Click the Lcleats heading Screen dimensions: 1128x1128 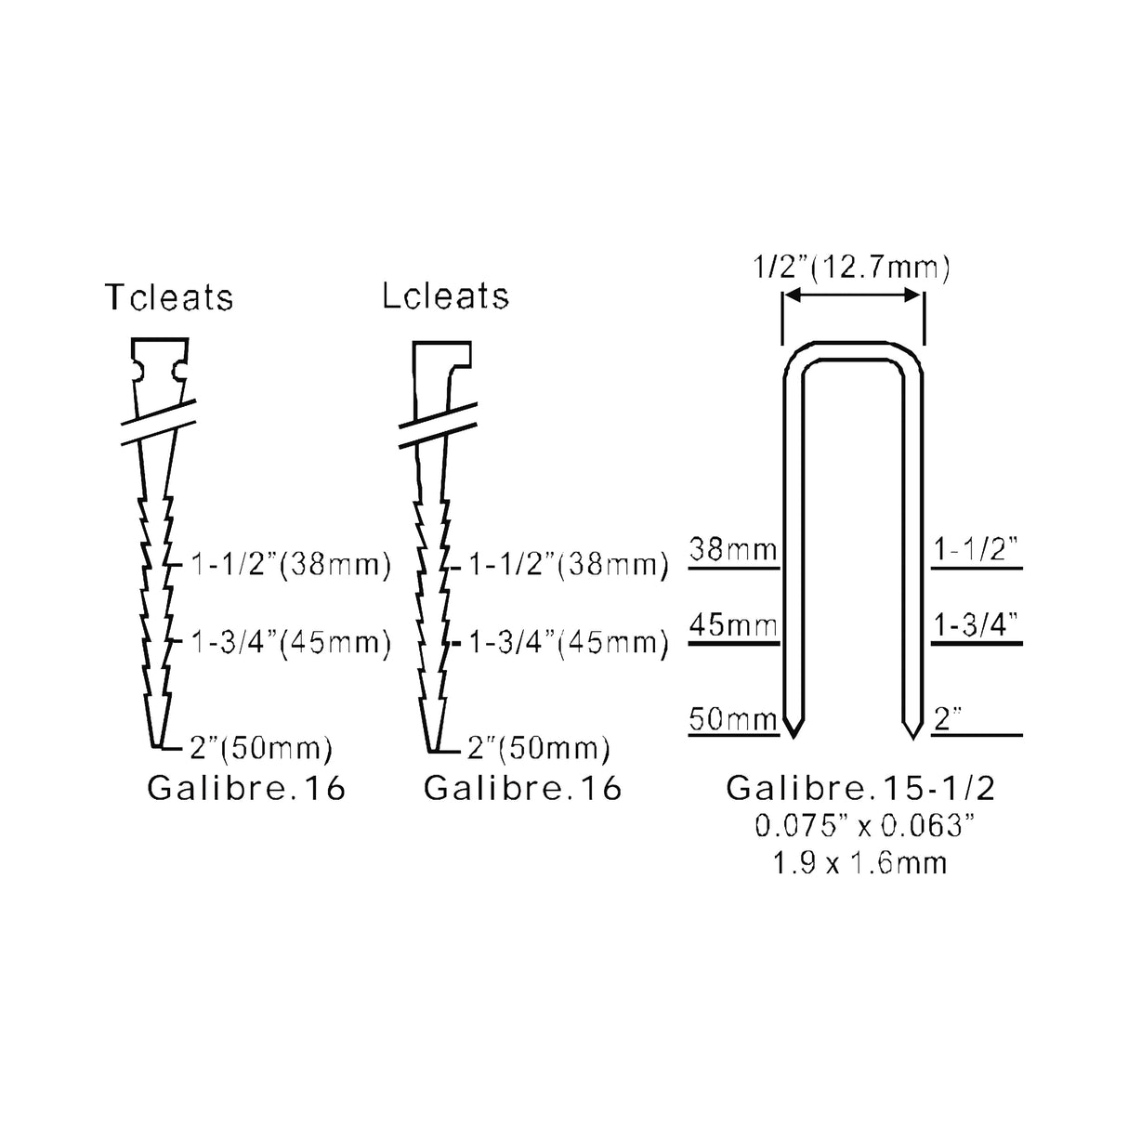pyautogui.click(x=445, y=295)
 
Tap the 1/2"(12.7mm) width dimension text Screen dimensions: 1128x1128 pyautogui.click(x=852, y=268)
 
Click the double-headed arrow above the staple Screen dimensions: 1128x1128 pyautogui.click(x=852, y=295)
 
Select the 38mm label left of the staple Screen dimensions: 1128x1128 pyautogui.click(x=733, y=549)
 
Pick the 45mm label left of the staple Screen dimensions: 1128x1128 pyautogui.click(x=733, y=625)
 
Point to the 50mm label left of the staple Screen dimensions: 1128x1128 pyautogui.click(x=733, y=718)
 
